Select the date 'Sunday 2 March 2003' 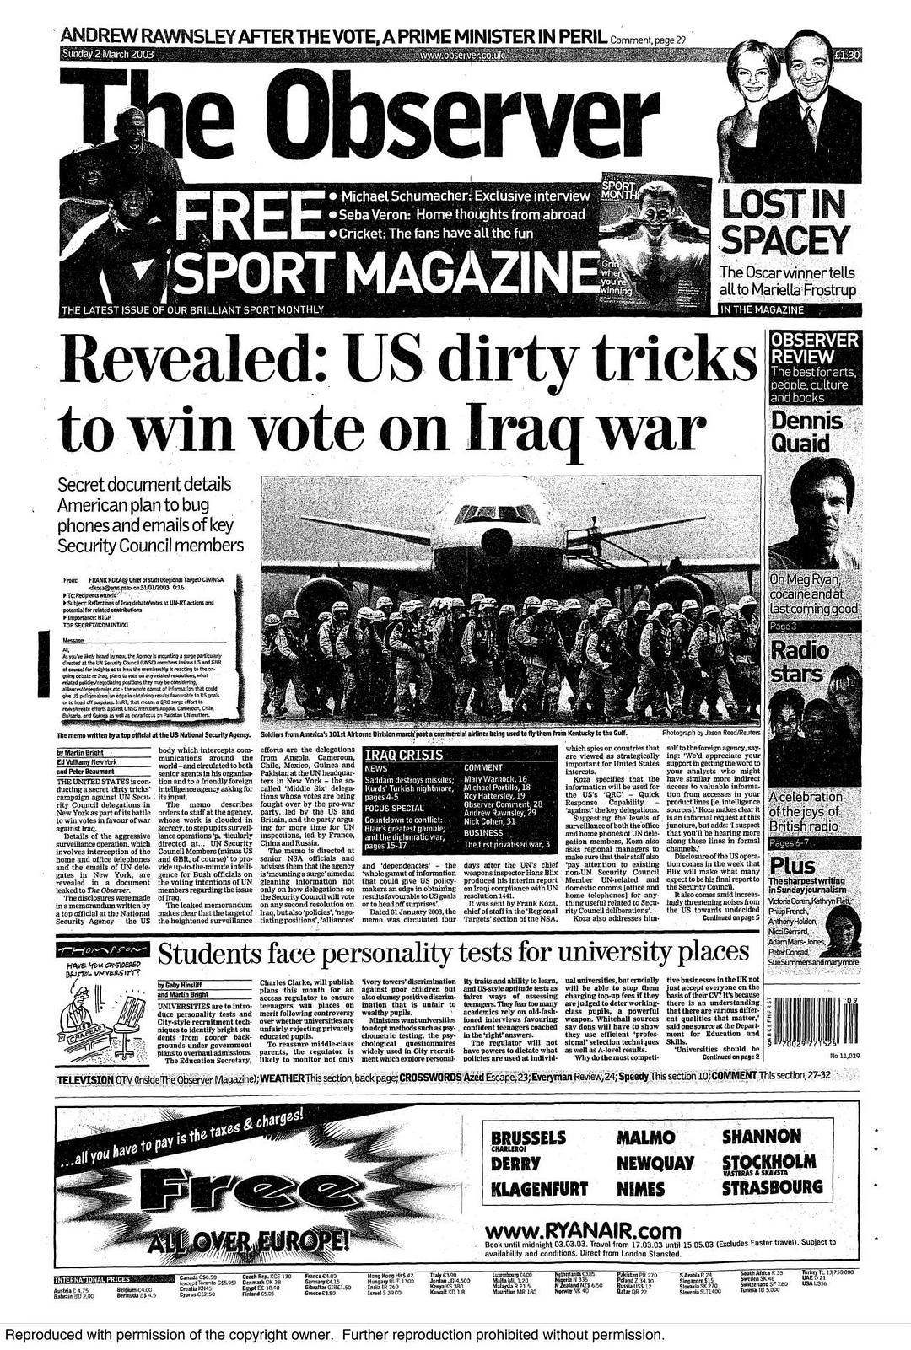106,55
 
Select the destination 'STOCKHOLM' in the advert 769,1161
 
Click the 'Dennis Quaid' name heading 806,432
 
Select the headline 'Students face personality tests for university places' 454,954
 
